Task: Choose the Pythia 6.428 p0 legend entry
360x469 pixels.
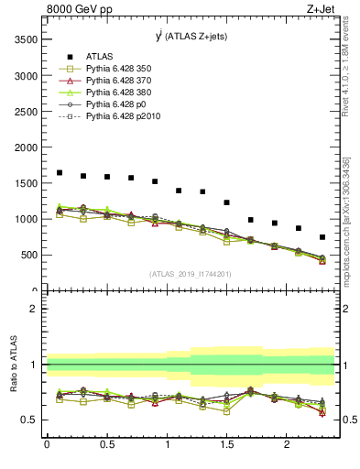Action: tap(115, 104)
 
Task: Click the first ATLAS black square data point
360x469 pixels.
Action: tap(60, 172)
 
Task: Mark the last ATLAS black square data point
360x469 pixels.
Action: tap(322, 237)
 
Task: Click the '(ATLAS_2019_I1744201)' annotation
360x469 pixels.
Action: tap(189, 274)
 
